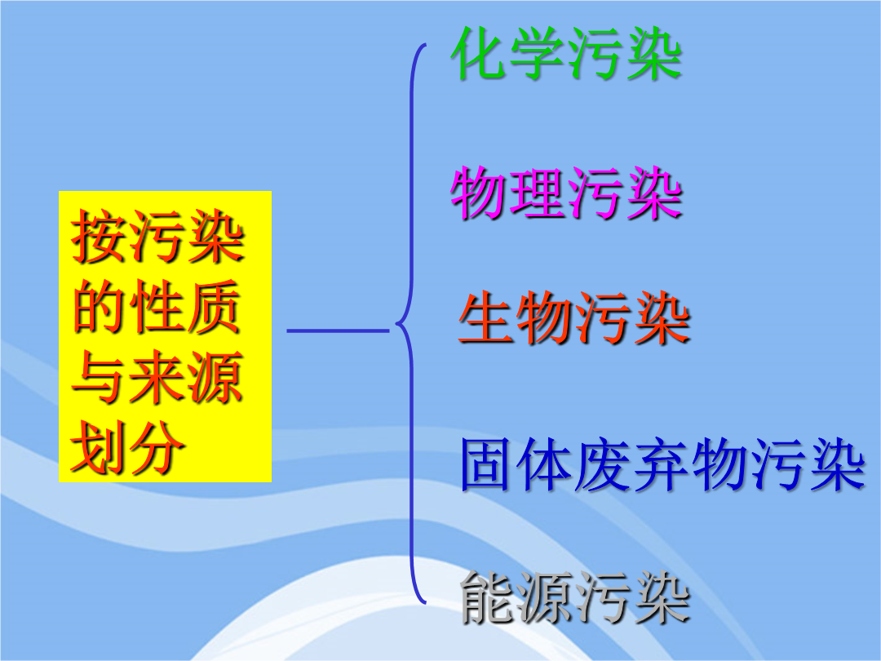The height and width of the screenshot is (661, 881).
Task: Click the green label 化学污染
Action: [566, 54]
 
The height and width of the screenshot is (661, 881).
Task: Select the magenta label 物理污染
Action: [566, 193]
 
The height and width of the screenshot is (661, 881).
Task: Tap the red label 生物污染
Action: [574, 317]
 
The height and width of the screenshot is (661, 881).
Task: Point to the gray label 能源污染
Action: [575, 597]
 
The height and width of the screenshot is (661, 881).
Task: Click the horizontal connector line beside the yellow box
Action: [338, 330]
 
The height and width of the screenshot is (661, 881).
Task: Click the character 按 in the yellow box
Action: [100, 237]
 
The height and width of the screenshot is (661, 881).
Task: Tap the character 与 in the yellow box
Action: [100, 377]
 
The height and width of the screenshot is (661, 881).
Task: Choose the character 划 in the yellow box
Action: [99, 447]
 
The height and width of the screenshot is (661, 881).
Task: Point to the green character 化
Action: [479, 54]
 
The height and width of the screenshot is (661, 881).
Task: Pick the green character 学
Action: [537, 54]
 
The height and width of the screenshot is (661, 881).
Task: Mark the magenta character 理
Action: [537, 193]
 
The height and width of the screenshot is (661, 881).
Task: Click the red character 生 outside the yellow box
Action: [486, 317]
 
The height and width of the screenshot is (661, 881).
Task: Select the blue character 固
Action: [489, 465]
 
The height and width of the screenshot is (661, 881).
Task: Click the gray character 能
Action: [488, 597]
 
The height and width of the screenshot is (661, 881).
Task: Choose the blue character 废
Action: [604, 465]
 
